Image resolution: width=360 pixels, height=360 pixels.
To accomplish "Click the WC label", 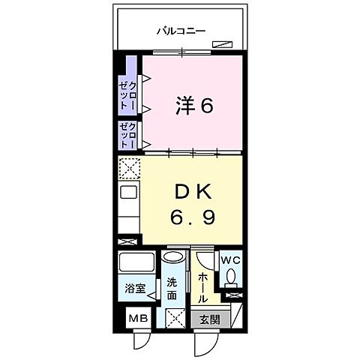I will pos(229,261).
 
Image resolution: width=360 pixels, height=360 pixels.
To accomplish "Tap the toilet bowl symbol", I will pos(231,280).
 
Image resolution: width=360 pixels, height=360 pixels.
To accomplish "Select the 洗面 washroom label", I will pos(172,289).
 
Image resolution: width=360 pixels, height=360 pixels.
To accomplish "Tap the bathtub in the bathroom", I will pos(136,264).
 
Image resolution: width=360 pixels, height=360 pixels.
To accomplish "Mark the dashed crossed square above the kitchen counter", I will pos(128,169).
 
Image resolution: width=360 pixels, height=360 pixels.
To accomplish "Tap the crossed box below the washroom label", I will pos(173,318).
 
